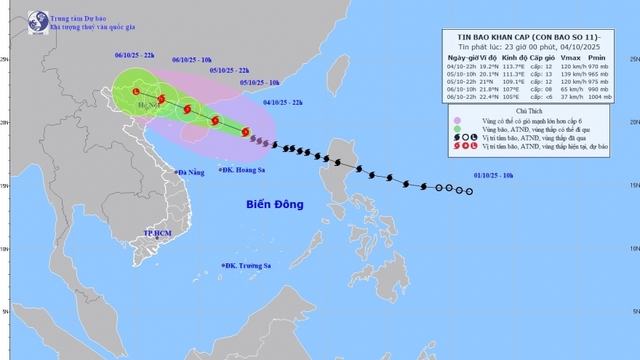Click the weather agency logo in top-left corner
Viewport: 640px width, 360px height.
coord(38,20)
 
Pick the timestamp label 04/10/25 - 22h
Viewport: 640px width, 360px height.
coord(283,102)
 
